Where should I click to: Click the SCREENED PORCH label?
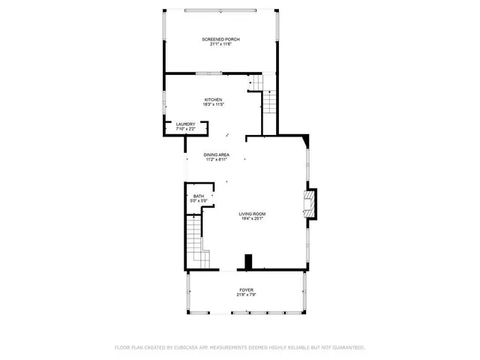click(x=220, y=39)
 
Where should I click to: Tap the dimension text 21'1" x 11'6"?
click(x=220, y=44)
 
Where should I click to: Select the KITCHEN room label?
click(x=214, y=99)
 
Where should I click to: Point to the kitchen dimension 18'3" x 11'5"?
click(x=214, y=104)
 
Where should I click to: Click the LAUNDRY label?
click(x=185, y=124)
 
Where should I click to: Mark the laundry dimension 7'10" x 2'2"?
click(x=185, y=129)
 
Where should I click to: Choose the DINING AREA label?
click(x=216, y=154)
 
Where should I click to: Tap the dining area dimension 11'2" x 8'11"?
click(x=216, y=160)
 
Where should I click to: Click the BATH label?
click(x=198, y=196)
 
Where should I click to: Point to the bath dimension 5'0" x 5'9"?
click(x=198, y=201)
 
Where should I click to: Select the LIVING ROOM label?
click(x=252, y=214)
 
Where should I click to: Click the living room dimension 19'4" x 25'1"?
click(x=252, y=219)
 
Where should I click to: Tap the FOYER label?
click(x=246, y=289)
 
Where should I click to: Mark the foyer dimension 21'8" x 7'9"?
click(x=246, y=295)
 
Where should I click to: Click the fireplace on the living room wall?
click(x=310, y=202)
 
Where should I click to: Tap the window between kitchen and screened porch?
click(x=208, y=73)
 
